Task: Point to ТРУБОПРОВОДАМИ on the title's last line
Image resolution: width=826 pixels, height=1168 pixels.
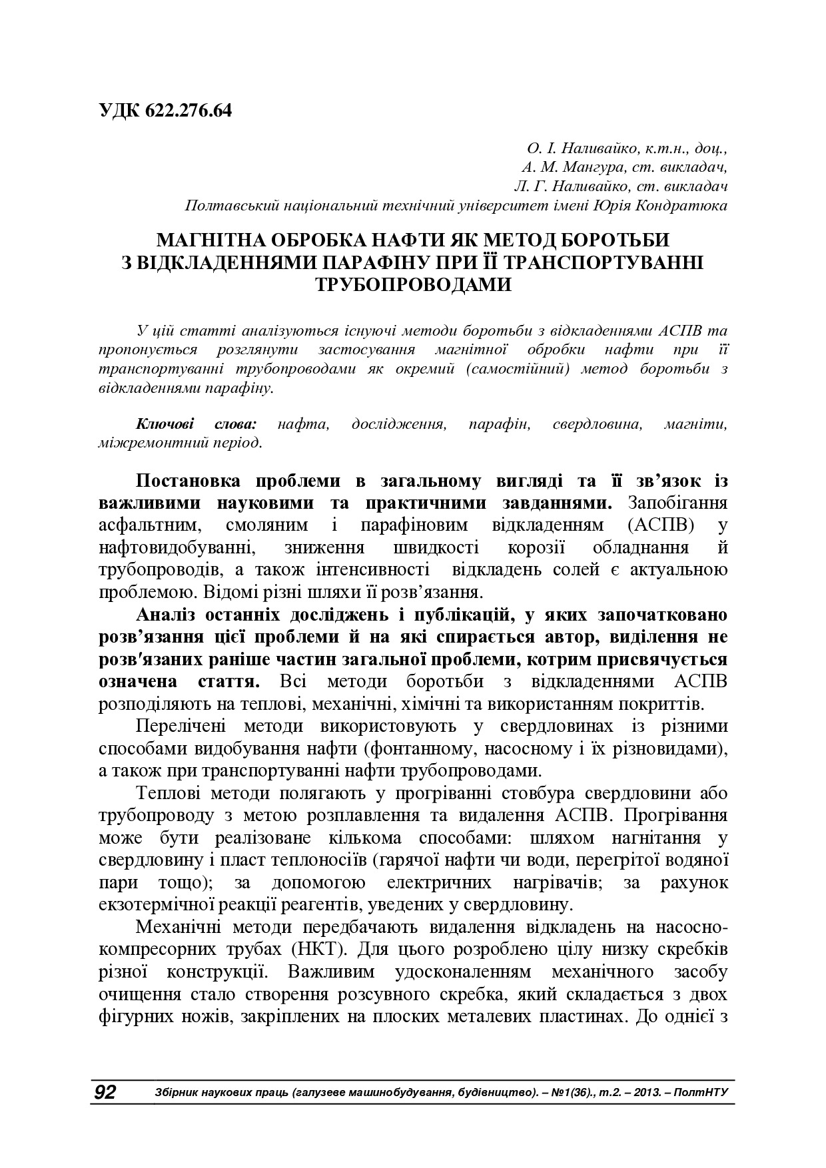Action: click(413, 284)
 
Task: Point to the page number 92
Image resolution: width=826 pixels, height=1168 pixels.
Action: click(104, 1092)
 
